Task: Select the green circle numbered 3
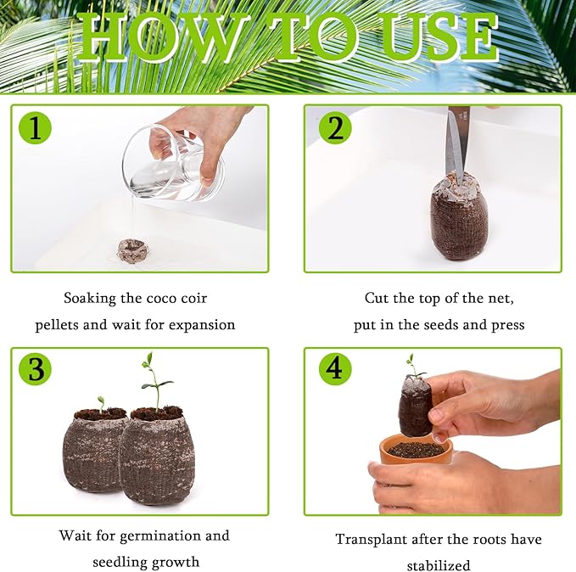(35, 369)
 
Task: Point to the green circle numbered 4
(335, 369)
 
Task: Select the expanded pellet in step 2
(458, 216)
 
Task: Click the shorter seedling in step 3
(101, 403)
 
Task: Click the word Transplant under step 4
(374, 540)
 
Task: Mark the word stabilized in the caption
(439, 565)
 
